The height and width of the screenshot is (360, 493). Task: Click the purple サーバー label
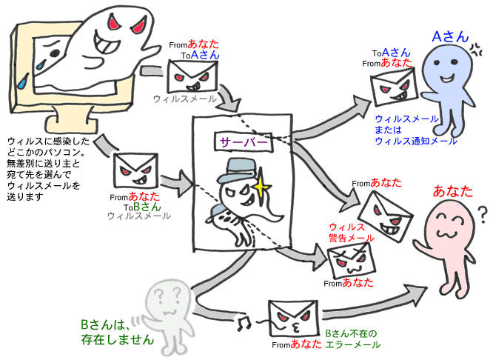(x=241, y=140)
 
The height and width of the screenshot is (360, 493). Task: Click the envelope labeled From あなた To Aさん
(x=194, y=76)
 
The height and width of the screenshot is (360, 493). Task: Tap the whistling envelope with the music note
(x=291, y=319)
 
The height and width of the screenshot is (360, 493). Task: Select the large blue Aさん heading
(x=450, y=36)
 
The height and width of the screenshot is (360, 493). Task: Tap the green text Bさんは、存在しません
(x=117, y=333)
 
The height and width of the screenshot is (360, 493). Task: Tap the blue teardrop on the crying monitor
(x=27, y=80)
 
